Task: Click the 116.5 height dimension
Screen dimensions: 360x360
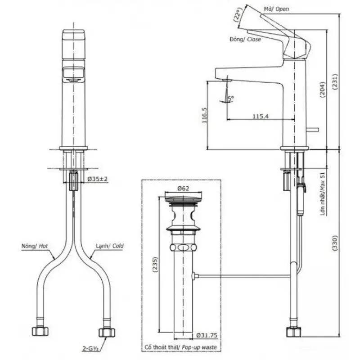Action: [205, 116]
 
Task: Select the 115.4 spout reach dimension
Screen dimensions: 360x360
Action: [261, 117]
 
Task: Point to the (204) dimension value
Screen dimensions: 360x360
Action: [323, 90]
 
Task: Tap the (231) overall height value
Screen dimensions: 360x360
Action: [335, 82]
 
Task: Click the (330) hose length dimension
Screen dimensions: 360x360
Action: [335, 243]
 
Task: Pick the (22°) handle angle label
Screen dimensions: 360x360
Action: [238, 14]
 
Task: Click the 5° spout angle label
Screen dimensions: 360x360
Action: [231, 98]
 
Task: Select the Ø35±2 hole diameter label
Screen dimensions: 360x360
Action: [97, 179]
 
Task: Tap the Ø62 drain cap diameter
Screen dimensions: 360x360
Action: [183, 189]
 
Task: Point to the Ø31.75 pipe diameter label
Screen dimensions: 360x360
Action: [207, 335]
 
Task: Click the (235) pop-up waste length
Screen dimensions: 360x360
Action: [155, 265]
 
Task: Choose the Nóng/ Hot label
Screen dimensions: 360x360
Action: [35, 246]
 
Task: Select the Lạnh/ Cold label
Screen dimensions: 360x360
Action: [110, 246]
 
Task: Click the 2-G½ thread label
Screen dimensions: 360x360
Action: [90, 349]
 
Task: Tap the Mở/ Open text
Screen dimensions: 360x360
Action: [276, 9]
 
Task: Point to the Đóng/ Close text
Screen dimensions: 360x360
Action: [245, 39]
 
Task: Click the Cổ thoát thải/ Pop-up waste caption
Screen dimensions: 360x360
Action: [181, 347]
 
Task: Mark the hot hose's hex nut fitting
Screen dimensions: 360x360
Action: [40, 331]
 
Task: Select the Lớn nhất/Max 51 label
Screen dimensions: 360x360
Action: [323, 194]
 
